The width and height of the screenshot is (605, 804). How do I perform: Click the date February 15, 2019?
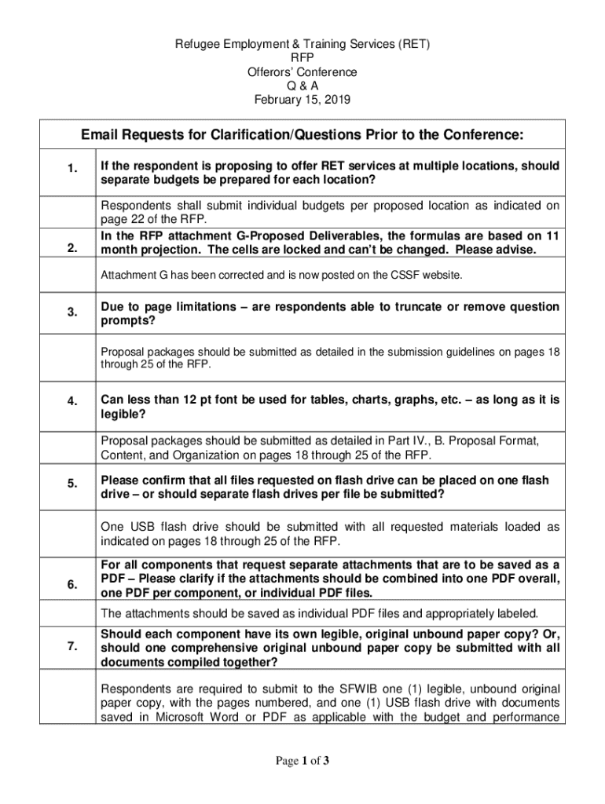tap(302, 100)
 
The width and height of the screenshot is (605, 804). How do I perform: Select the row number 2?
tap(71, 249)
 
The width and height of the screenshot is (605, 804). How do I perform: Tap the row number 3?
tap(71, 312)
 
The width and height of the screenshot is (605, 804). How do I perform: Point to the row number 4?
tap(71, 401)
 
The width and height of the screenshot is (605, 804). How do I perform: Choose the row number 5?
tap(71, 484)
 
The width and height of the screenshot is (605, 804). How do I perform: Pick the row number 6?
tap(71, 585)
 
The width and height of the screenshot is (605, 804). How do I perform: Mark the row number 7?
tap(71, 646)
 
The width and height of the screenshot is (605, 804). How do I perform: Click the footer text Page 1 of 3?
tap(302, 760)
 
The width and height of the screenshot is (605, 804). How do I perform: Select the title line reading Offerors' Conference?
tap(302, 72)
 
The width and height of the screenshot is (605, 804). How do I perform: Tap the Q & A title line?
tap(302, 86)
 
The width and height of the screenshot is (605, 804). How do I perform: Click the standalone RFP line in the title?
tap(302, 59)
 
